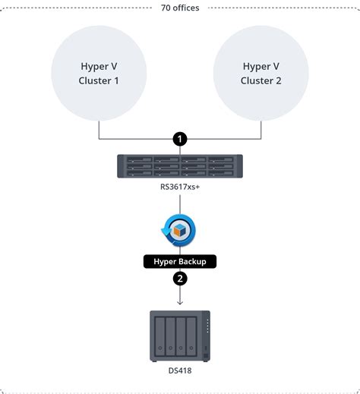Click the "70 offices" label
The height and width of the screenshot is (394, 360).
(180, 8)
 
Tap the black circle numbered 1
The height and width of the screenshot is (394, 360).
(180, 140)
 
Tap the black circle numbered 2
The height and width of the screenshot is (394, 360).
(180, 279)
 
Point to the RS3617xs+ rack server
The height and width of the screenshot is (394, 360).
(180, 166)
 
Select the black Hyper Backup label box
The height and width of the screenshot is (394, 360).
(180, 260)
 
